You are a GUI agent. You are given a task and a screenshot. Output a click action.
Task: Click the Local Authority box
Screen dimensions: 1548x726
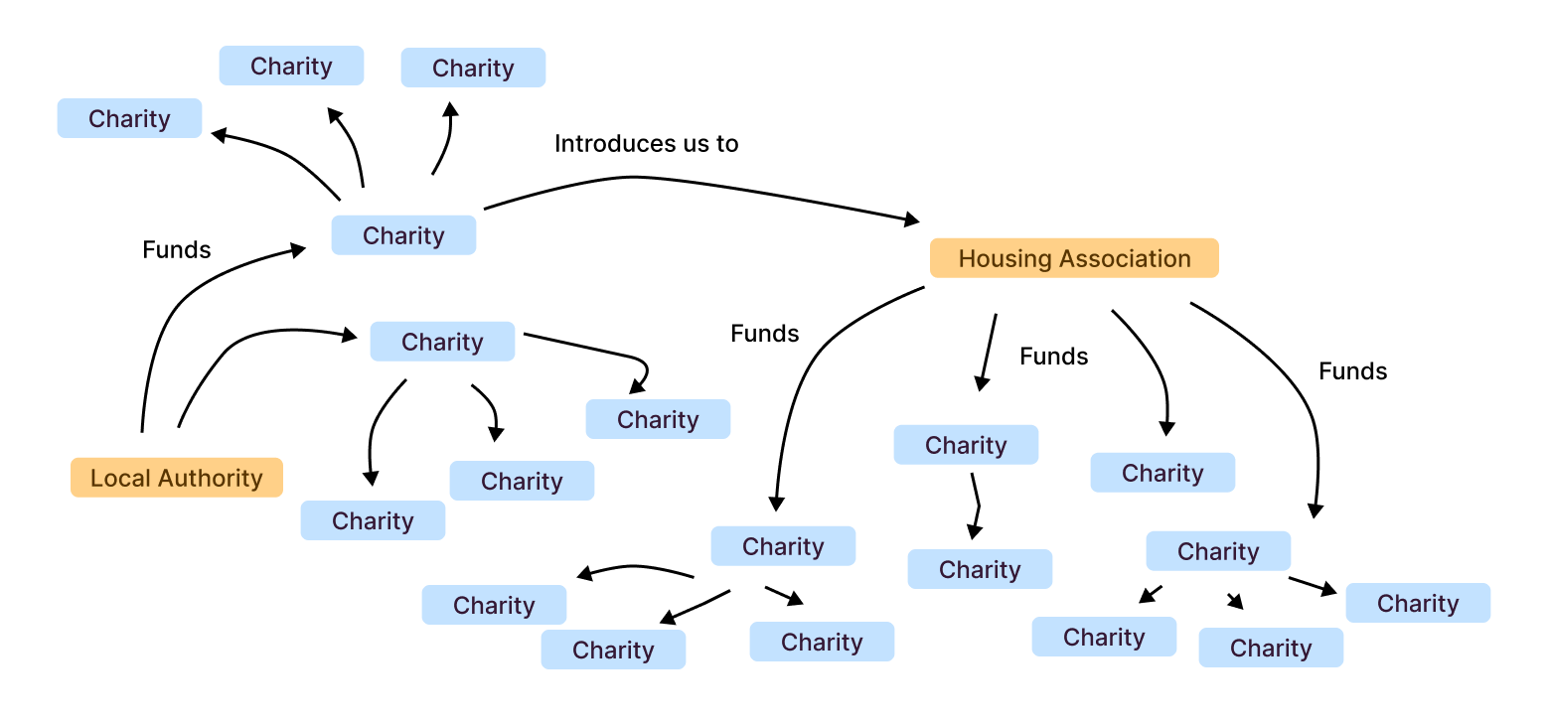tap(177, 478)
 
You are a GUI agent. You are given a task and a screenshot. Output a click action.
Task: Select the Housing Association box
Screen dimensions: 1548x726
tap(1074, 258)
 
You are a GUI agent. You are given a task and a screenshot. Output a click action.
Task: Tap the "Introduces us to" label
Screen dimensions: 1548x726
tap(646, 144)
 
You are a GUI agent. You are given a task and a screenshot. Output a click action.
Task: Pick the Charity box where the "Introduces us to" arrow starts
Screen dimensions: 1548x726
tap(403, 235)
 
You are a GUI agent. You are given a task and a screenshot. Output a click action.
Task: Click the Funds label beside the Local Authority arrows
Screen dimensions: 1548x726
tap(177, 249)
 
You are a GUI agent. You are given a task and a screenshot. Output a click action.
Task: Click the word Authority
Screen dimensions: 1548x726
tap(215, 478)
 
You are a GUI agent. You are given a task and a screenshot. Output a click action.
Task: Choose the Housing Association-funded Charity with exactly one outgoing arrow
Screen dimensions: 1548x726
tap(966, 445)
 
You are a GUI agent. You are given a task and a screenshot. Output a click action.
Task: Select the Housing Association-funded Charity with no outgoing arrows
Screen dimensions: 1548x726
tap(1162, 473)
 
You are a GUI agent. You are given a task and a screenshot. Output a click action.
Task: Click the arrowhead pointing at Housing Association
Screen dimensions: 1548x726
tap(911, 219)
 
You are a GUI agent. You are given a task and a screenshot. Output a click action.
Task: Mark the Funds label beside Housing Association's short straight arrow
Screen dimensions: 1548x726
tap(1053, 357)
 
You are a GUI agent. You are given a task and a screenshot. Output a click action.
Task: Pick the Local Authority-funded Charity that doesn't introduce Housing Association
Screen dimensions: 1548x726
tap(442, 342)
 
